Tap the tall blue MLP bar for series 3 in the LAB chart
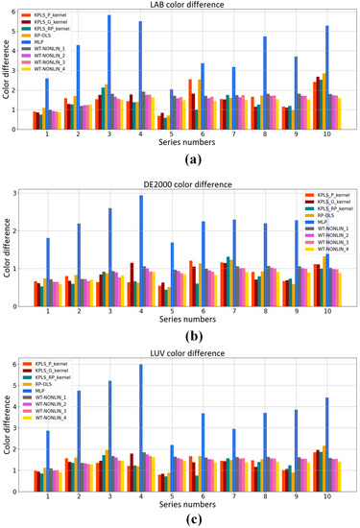point(108,72)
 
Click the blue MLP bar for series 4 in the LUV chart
point(141,422)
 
